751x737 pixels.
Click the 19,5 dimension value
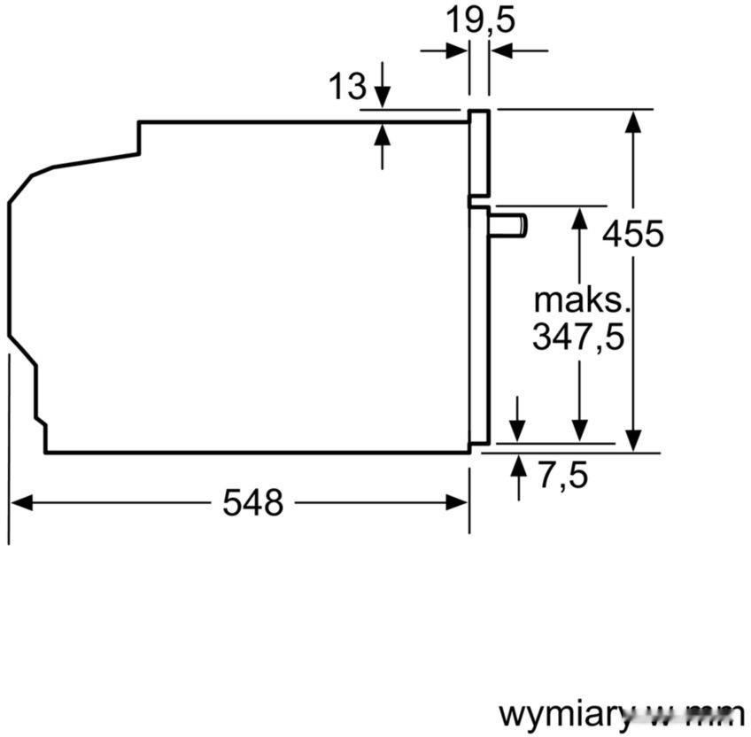point(479,19)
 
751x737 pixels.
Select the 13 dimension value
point(346,86)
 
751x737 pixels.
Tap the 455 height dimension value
point(632,234)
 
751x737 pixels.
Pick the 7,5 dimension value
point(562,476)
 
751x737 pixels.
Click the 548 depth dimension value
point(252,503)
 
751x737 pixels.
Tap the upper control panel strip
point(478,152)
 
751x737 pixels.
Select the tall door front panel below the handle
point(479,328)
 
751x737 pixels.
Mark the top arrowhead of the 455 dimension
point(632,120)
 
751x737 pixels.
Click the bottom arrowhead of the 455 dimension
point(632,441)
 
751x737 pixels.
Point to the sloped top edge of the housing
point(93,160)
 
